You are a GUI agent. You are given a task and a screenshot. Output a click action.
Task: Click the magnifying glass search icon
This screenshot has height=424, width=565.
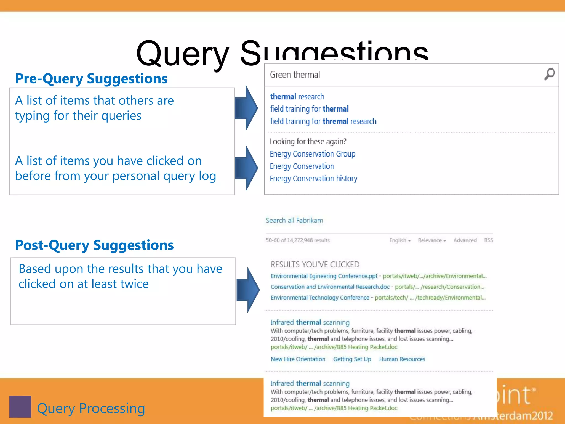coord(549,74)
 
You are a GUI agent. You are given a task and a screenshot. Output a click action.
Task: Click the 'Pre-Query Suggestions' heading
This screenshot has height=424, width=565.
coord(91,79)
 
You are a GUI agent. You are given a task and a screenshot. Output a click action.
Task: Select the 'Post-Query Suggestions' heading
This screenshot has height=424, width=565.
coord(94,245)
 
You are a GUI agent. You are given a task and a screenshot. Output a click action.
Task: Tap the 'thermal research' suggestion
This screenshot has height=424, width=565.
coord(297,97)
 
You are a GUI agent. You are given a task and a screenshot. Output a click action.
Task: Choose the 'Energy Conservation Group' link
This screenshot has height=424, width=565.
coord(312,154)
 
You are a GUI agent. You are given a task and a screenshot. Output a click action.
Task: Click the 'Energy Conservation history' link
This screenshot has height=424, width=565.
coord(313,179)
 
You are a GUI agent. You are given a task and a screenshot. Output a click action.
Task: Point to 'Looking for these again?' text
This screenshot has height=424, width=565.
coord(308,141)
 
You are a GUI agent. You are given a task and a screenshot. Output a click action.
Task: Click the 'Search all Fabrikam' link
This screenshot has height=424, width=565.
coord(294,221)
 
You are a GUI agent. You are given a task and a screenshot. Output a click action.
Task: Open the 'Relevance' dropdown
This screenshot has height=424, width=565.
coord(432,240)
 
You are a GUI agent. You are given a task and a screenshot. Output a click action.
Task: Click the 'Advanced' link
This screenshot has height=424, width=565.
coord(465,240)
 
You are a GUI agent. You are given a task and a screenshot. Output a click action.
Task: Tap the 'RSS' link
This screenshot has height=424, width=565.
coord(488,240)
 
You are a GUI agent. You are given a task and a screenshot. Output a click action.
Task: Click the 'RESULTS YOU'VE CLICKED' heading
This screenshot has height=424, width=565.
coord(315,264)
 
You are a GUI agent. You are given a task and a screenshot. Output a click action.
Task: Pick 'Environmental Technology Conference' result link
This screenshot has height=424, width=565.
coord(320,298)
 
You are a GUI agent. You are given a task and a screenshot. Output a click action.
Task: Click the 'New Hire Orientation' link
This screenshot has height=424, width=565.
coord(298,359)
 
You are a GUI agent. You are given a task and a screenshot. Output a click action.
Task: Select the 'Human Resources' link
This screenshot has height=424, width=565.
coord(402,359)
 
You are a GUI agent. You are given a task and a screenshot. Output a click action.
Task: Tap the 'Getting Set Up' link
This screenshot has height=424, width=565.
coord(352,359)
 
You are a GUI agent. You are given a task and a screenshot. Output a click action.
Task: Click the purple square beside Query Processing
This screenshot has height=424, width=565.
coord(20,407)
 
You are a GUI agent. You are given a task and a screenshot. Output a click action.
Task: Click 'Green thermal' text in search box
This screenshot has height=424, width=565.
coord(295,75)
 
